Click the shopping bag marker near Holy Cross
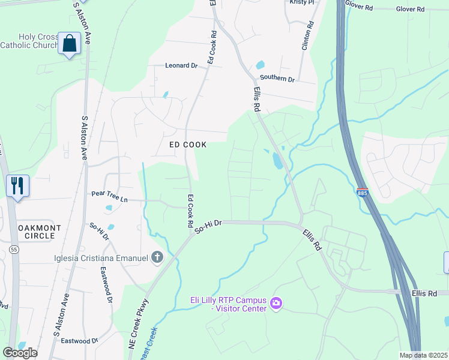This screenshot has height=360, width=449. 70,44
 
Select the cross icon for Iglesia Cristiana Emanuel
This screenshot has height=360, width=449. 157,258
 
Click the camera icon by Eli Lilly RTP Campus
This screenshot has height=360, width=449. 276,304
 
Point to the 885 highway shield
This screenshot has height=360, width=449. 362,193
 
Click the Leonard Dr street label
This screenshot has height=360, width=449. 181,66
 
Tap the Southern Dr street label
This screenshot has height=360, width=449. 277,79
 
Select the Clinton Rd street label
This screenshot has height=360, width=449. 308,35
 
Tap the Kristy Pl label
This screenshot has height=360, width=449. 301,2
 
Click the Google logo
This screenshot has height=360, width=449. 20,353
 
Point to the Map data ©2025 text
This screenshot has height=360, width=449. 423,355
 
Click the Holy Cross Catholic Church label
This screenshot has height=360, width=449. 29,41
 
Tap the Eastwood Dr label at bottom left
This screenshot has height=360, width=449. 79,341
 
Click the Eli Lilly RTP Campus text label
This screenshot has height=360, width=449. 228,304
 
